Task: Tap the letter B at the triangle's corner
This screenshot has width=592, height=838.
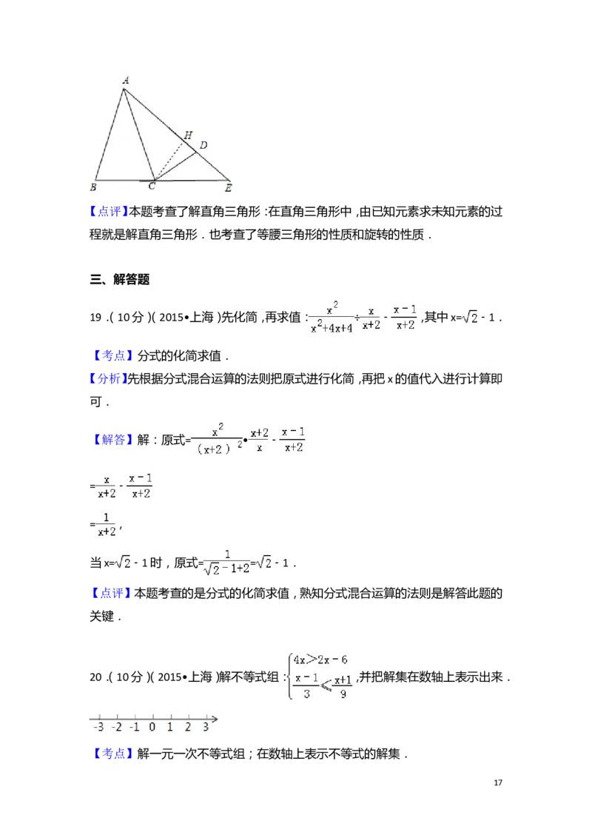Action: click(94, 187)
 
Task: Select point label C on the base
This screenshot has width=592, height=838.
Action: click(152, 187)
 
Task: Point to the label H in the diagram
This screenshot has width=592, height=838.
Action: click(188, 135)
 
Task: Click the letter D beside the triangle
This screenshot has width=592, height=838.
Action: click(203, 144)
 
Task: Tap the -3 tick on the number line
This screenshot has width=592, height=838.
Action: click(98, 727)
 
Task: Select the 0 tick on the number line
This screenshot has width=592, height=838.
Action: click(152, 727)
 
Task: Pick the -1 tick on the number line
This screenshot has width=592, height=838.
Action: click(134, 727)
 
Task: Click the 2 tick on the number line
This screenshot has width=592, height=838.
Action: click(187, 727)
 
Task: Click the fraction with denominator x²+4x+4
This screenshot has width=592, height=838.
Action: click(332, 317)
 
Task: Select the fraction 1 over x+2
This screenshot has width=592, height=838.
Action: click(106, 524)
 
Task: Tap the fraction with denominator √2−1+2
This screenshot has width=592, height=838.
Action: click(227, 563)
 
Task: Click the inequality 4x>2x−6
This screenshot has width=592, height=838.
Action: click(323, 659)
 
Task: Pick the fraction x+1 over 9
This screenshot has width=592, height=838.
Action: click(343, 687)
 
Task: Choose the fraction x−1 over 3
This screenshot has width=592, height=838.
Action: click(301, 686)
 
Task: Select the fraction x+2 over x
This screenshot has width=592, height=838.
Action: click(259, 440)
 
